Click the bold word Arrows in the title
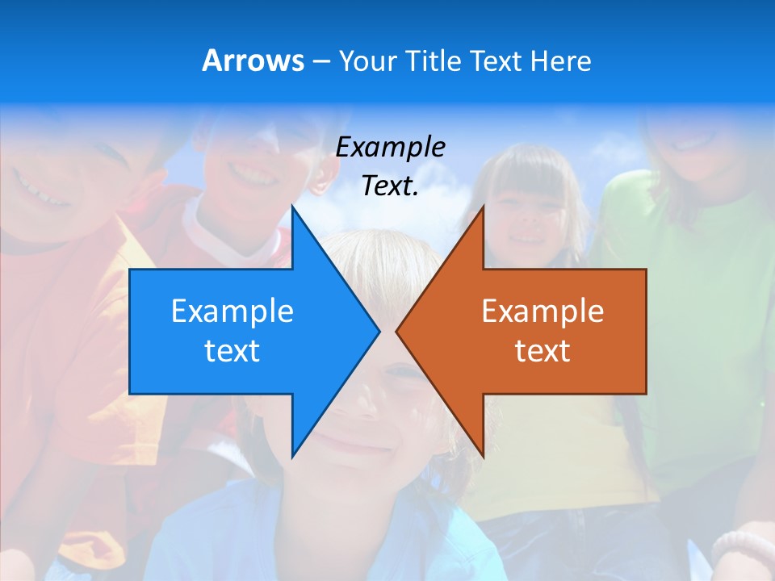point(253,61)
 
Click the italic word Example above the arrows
point(390,147)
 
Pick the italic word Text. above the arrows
point(390,186)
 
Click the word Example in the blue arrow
point(232,311)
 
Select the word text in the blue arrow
point(232,350)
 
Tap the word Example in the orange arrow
point(542,311)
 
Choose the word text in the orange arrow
point(542,350)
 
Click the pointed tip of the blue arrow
point(379,331)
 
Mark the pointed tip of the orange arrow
point(397,331)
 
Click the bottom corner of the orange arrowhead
point(483,455)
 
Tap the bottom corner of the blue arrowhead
point(292,455)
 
